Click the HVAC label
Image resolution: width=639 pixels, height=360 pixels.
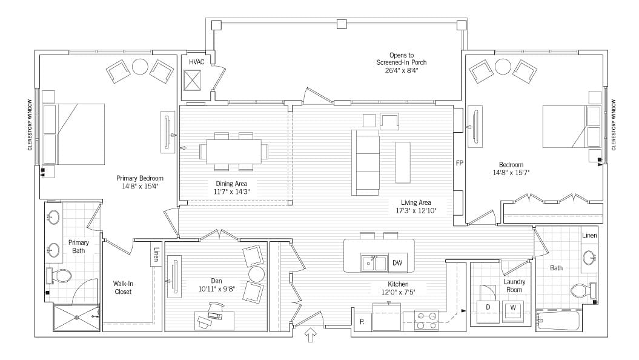(x=197, y=62)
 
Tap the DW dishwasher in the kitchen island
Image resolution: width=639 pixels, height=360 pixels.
(x=397, y=262)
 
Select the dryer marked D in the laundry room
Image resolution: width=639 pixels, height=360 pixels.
(x=488, y=307)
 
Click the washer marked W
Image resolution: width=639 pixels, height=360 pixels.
(x=513, y=307)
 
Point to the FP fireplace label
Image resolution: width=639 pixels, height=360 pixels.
(x=460, y=164)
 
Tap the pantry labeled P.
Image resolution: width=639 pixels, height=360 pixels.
(x=362, y=321)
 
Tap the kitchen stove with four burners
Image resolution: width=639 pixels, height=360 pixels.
(x=426, y=320)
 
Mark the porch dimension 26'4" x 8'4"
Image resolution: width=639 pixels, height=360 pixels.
(x=397, y=70)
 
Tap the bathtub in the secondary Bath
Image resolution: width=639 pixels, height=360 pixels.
(x=558, y=320)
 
